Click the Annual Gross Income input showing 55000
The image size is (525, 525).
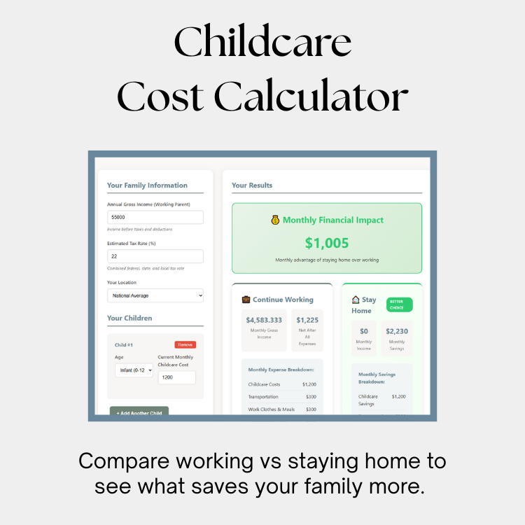[x=155, y=218]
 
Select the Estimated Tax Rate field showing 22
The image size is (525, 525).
[x=155, y=256]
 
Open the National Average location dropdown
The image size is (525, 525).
[x=155, y=295]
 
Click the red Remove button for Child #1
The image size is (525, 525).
[x=185, y=344]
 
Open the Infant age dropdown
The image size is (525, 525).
[x=134, y=370]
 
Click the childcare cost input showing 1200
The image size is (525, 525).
[x=176, y=377]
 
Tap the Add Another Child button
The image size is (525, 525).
[x=139, y=412]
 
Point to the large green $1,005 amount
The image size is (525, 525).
[x=327, y=243]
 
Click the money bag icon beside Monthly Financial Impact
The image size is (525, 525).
[x=275, y=220]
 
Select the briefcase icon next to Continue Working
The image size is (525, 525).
[x=246, y=300]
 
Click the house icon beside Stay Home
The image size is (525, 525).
[x=356, y=300]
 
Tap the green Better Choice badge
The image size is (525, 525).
[x=399, y=304]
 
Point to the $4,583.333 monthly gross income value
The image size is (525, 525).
[x=264, y=320]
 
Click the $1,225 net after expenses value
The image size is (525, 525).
[x=307, y=320]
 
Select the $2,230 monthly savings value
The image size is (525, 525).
[x=397, y=331]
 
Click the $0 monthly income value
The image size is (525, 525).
[x=364, y=331]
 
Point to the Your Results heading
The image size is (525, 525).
[x=252, y=185]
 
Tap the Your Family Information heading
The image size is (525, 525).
[x=147, y=185]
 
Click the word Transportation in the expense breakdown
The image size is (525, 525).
[x=263, y=397]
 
